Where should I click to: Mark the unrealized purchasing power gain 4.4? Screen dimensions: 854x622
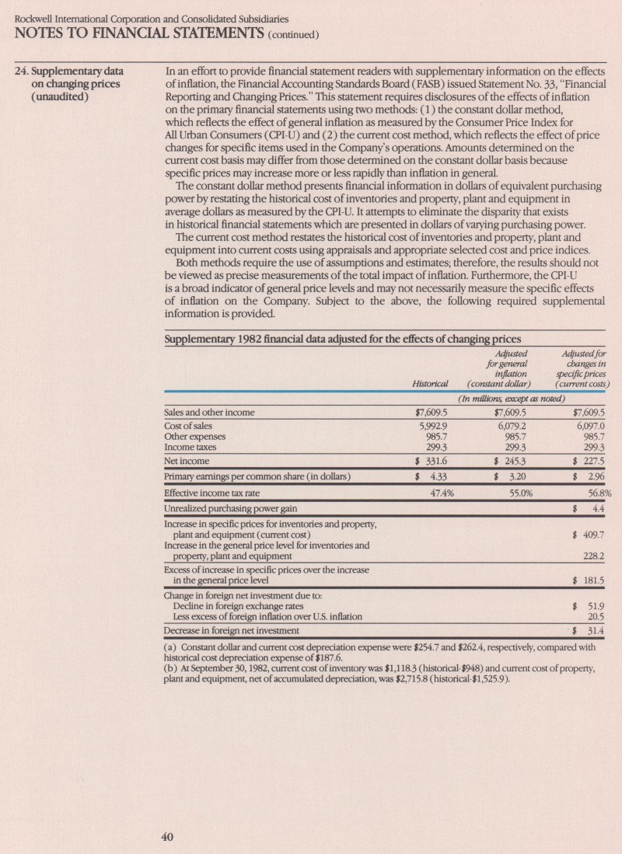(599, 509)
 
